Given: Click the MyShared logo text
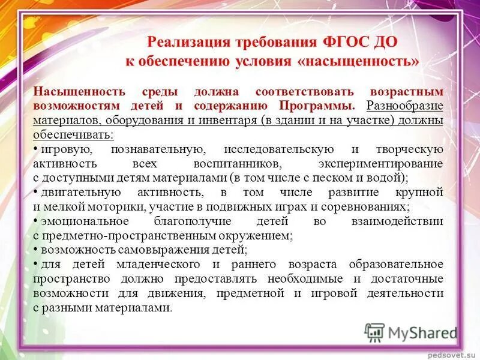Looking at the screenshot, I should [x=422, y=332].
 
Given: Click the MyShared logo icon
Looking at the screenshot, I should [x=374, y=332].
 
